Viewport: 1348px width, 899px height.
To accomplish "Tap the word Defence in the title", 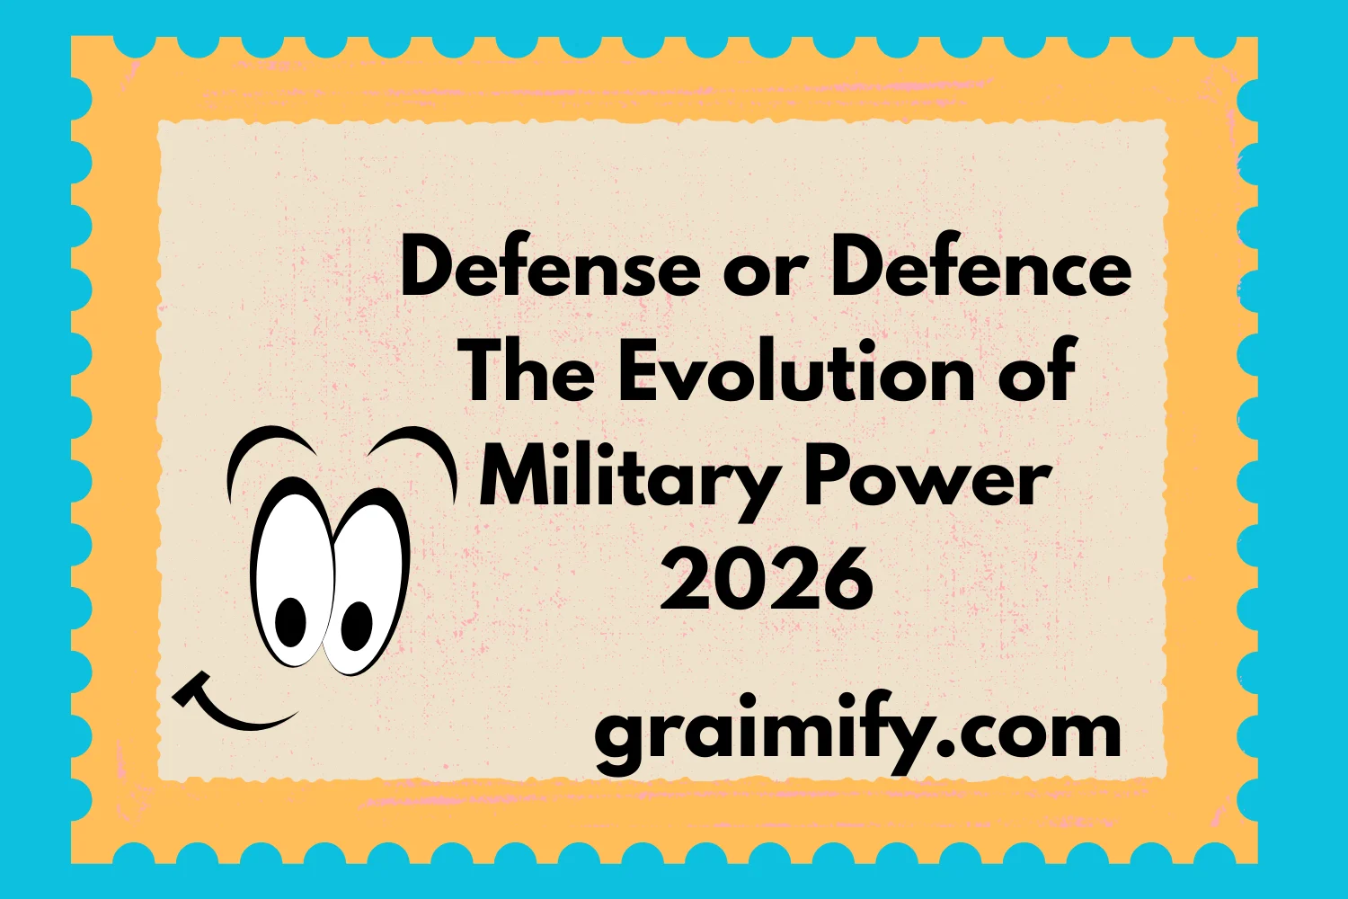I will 980,270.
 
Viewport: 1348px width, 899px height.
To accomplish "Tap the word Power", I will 927,476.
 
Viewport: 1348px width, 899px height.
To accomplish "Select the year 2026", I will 767,579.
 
